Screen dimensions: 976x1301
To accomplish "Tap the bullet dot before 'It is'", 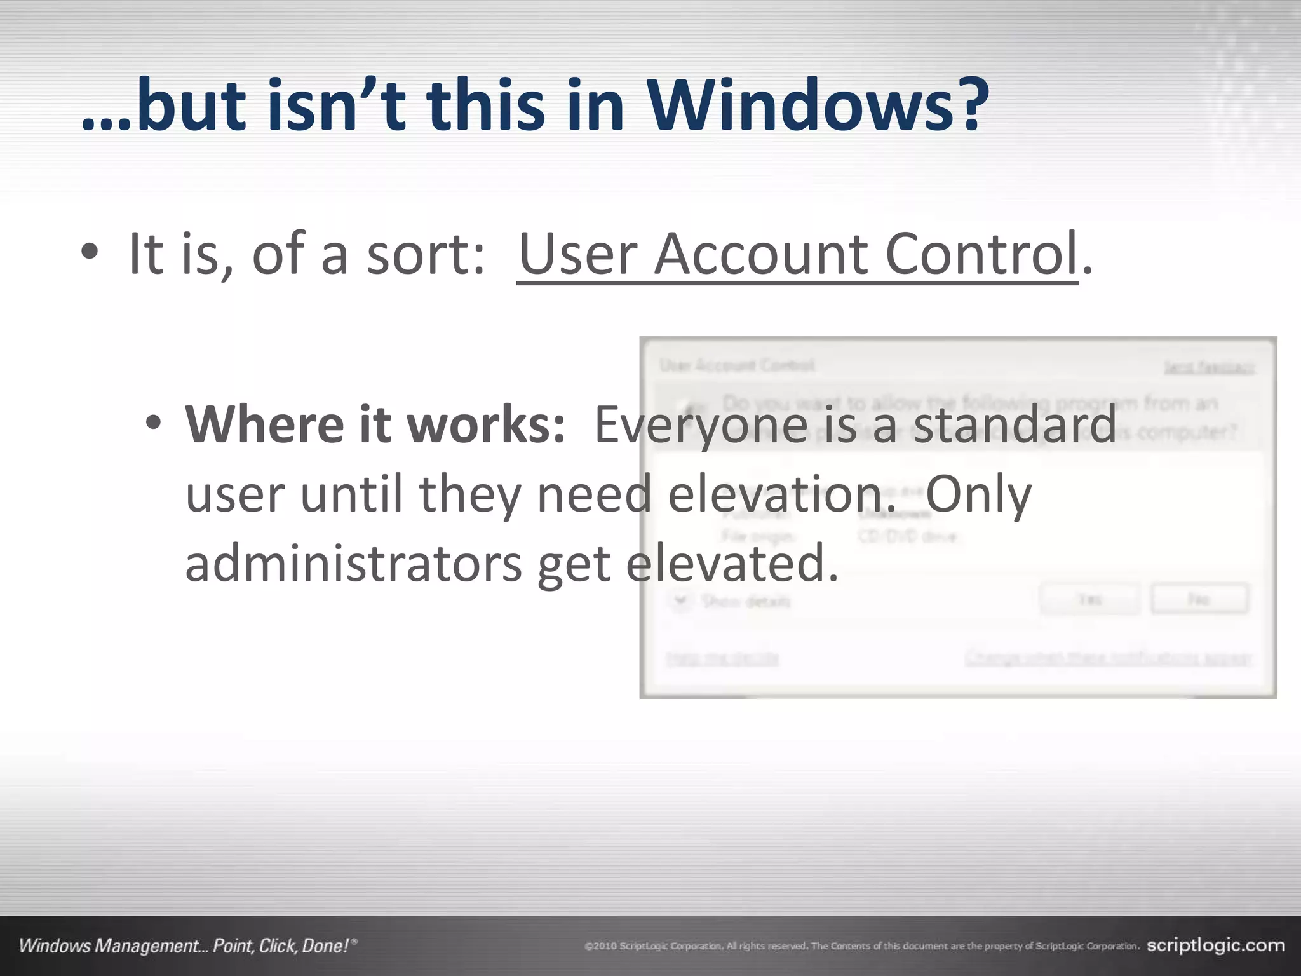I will [x=90, y=252].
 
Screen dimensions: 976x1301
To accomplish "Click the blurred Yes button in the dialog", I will [x=1089, y=599].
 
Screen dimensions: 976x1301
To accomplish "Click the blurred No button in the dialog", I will [x=1199, y=599].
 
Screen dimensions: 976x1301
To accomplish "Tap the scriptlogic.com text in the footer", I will [x=1216, y=945].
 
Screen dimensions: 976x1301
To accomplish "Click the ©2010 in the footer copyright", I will [x=600, y=946].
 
